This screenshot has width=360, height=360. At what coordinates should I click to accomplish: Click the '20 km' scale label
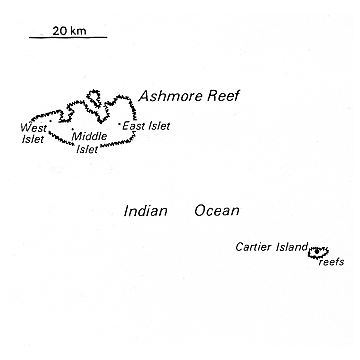[x=68, y=31]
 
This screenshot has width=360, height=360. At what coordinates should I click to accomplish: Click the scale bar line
[x=68, y=40]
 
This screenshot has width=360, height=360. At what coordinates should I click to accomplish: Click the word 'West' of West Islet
[x=33, y=128]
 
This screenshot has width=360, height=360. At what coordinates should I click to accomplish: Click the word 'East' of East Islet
[x=133, y=126]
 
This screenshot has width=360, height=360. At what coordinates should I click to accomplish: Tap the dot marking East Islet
[x=118, y=125]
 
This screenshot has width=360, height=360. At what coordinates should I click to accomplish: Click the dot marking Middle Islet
[x=72, y=128]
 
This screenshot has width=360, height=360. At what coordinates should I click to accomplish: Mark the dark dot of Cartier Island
[x=320, y=251]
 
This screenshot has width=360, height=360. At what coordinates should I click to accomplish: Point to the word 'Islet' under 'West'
[x=33, y=139]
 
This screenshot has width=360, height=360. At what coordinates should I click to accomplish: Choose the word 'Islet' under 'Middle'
[x=88, y=151]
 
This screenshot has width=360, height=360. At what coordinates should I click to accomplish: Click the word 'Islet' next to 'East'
[x=158, y=126]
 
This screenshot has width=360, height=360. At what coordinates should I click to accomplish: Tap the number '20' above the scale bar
[x=60, y=31]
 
